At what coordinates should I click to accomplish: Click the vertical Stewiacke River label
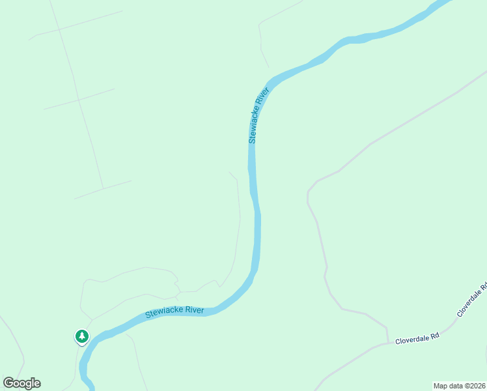coord(258,115)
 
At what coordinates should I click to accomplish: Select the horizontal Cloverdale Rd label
coord(418,337)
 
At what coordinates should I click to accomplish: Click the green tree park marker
coord(82,336)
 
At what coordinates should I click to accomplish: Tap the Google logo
coord(21,383)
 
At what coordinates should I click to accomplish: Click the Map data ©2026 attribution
coord(460,385)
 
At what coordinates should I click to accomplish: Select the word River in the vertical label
coord(263,97)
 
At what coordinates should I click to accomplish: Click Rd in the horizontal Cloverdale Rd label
coord(435,336)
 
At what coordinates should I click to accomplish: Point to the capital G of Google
coord(8,383)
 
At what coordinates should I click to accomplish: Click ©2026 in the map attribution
coord(475,385)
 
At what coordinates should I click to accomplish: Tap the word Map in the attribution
coord(441,385)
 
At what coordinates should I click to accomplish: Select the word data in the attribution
coord(455,385)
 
